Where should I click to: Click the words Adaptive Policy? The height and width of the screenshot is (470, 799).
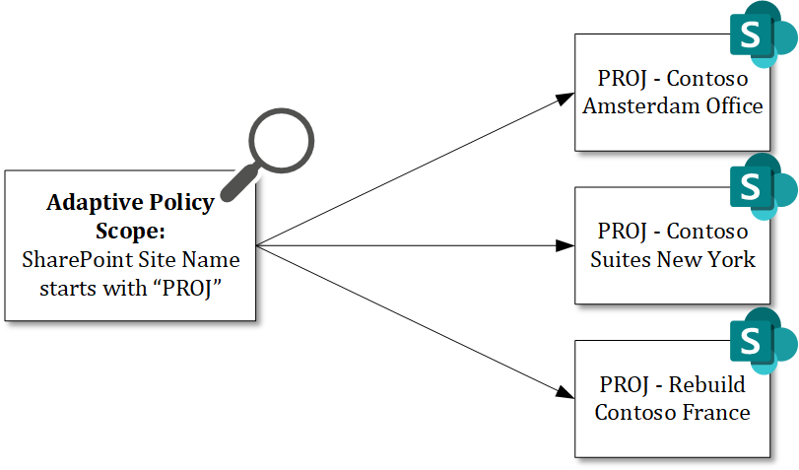(130, 203)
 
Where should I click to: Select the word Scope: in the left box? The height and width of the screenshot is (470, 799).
(130, 231)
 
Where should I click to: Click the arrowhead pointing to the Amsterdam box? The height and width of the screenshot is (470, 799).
(564, 98)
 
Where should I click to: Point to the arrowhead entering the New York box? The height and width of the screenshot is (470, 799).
(564, 245)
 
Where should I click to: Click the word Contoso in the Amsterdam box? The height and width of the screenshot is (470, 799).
(707, 79)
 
